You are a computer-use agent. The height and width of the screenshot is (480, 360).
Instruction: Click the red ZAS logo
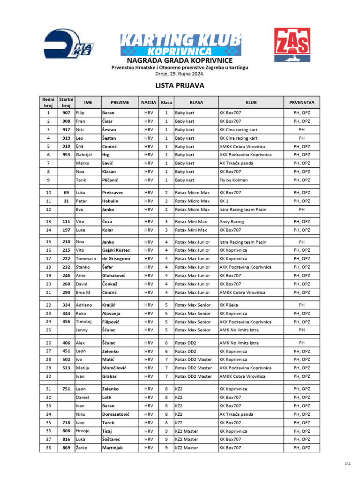(292, 45)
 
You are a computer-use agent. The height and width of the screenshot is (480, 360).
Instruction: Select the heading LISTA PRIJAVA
(180, 86)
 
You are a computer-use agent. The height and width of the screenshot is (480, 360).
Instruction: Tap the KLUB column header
(251, 102)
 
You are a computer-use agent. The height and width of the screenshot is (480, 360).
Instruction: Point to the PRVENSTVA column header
(301, 102)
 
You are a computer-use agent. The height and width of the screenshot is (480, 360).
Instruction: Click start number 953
(66, 155)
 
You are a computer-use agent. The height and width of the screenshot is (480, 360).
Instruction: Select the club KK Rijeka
(229, 305)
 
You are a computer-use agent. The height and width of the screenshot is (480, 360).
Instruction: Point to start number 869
(66, 448)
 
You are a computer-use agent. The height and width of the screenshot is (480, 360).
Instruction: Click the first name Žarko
(82, 448)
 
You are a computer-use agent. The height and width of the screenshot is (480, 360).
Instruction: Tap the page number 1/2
(347, 464)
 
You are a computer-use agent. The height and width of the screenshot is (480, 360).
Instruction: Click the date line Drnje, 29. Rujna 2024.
(180, 74)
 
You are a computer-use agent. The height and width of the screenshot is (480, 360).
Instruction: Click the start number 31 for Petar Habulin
(66, 201)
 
